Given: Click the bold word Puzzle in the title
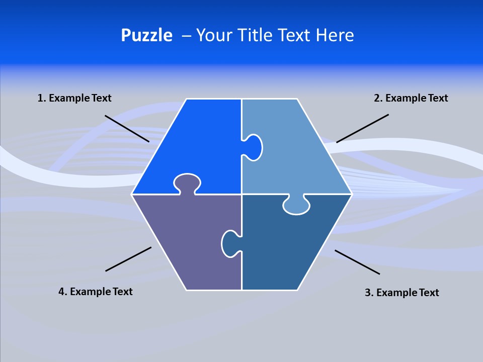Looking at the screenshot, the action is coord(146,36).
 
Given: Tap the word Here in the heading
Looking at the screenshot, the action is coord(335,35).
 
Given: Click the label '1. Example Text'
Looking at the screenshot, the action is coord(74,98).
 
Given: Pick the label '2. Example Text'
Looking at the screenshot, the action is coord(411,98).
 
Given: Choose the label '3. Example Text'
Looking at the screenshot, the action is coord(401,293).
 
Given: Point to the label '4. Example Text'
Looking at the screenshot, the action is coord(96,292).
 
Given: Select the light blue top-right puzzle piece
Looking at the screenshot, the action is coord(297,156).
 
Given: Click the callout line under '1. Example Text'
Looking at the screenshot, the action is coord(127,128).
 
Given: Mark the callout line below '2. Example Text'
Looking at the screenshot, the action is coord(362,128).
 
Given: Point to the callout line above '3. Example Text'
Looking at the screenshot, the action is coord(357,262).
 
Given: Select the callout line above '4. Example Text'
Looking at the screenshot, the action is coord(128,259).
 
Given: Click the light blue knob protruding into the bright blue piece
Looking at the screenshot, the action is coord(253,147).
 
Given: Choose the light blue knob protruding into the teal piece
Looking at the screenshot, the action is coord(296,205).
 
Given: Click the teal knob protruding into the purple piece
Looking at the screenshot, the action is coord(230,243).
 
